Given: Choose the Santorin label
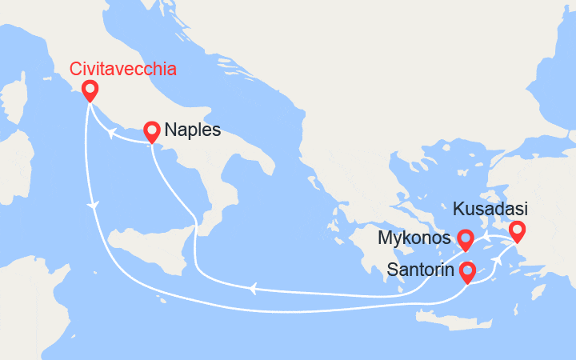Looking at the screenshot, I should click(x=418, y=270).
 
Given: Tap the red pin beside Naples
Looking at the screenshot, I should click(x=152, y=130).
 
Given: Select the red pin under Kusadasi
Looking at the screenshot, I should click(x=517, y=231).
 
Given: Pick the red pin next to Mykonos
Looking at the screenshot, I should click(x=465, y=238).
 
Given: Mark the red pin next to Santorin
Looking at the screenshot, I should click(x=466, y=271).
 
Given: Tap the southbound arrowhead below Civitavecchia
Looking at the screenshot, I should click(x=95, y=205).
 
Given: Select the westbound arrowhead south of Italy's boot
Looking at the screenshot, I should click(x=254, y=287).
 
